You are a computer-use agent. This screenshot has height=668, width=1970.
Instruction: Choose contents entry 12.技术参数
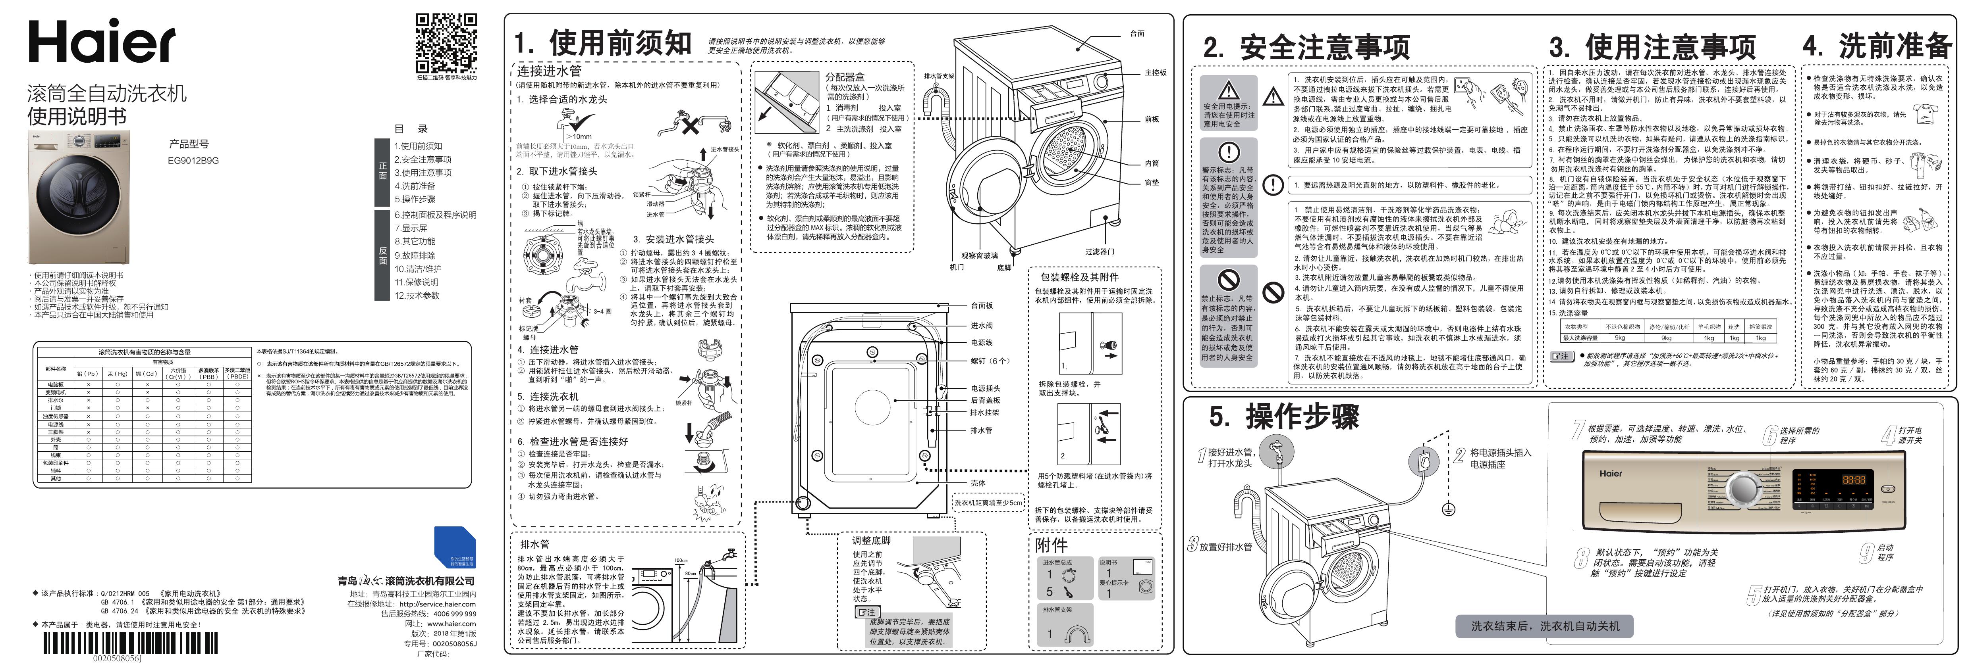point(417,296)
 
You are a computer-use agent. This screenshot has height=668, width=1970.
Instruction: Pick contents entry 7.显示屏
point(411,228)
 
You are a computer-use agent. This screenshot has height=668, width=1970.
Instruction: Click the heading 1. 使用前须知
point(603,43)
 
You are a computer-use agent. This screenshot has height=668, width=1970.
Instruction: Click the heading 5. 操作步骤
point(1284,417)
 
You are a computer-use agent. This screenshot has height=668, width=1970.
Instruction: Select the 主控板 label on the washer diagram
point(1156,73)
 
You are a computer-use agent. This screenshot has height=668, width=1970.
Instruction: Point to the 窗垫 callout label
point(1152,182)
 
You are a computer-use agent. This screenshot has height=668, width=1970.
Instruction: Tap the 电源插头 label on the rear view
point(985,388)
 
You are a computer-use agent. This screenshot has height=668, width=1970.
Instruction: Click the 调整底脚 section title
point(871,540)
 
